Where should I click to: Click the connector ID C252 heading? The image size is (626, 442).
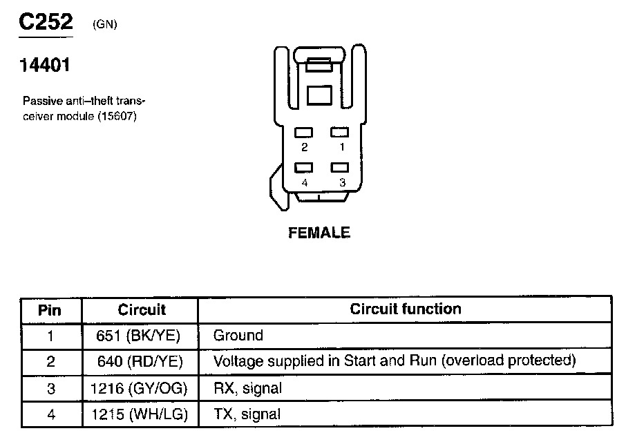(45, 22)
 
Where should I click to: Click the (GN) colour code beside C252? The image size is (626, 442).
(104, 25)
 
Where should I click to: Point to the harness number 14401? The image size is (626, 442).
(44, 66)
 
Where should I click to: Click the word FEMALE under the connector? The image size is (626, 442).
(319, 233)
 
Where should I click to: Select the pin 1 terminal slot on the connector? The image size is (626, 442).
(339, 132)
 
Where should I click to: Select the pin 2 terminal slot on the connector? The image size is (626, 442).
(304, 132)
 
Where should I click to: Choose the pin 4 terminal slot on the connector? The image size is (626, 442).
(304, 167)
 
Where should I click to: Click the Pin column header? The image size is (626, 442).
(50, 309)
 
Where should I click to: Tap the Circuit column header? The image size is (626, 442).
(142, 309)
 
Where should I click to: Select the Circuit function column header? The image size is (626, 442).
(406, 309)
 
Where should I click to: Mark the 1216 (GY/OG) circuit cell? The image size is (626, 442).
(139, 389)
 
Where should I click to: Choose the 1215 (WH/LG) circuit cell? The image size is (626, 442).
(139, 415)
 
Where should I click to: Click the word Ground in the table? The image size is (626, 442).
(238, 336)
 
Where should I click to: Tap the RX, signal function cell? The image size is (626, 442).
(248, 389)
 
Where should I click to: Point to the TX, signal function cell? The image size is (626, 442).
(247, 415)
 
